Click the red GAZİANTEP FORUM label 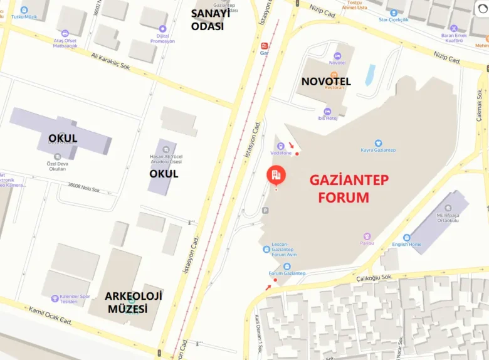pos(349,188)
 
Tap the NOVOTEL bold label pos(326,82)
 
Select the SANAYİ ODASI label pos(211,20)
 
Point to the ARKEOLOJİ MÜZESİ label pos(134,302)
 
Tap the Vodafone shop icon pos(281,146)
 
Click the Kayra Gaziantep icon pos(378,143)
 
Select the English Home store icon pos(407,237)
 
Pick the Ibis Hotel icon pos(327,112)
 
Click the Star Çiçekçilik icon pos(394,13)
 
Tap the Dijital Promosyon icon pos(163,28)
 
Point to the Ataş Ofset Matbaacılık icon pos(65,33)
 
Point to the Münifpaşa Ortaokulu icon pos(448,208)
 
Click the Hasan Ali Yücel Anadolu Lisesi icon pos(166,149)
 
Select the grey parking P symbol pos(265,211)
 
